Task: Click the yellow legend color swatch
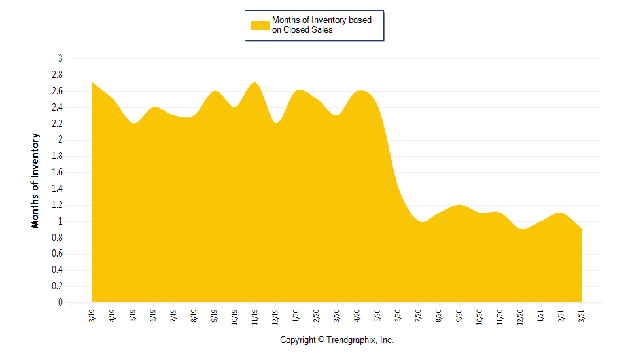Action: coord(260,25)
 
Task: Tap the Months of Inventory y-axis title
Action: coord(35,180)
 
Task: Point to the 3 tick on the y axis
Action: coord(60,58)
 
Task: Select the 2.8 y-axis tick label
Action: coord(57,75)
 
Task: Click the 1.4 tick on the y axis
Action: coord(57,189)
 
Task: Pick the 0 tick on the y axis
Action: coord(60,302)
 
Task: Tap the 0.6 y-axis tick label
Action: coord(57,254)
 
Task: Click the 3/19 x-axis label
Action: coord(92,315)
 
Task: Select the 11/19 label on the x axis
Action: coord(255,317)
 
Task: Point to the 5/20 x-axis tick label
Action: coord(377,317)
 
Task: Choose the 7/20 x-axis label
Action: coord(419,317)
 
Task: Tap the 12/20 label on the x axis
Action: coord(520,317)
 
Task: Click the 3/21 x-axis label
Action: coord(582,315)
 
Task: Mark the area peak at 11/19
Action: coord(255,83)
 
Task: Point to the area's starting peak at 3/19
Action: coord(93,84)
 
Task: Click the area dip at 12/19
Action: coord(276,123)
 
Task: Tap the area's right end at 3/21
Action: coord(581,230)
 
